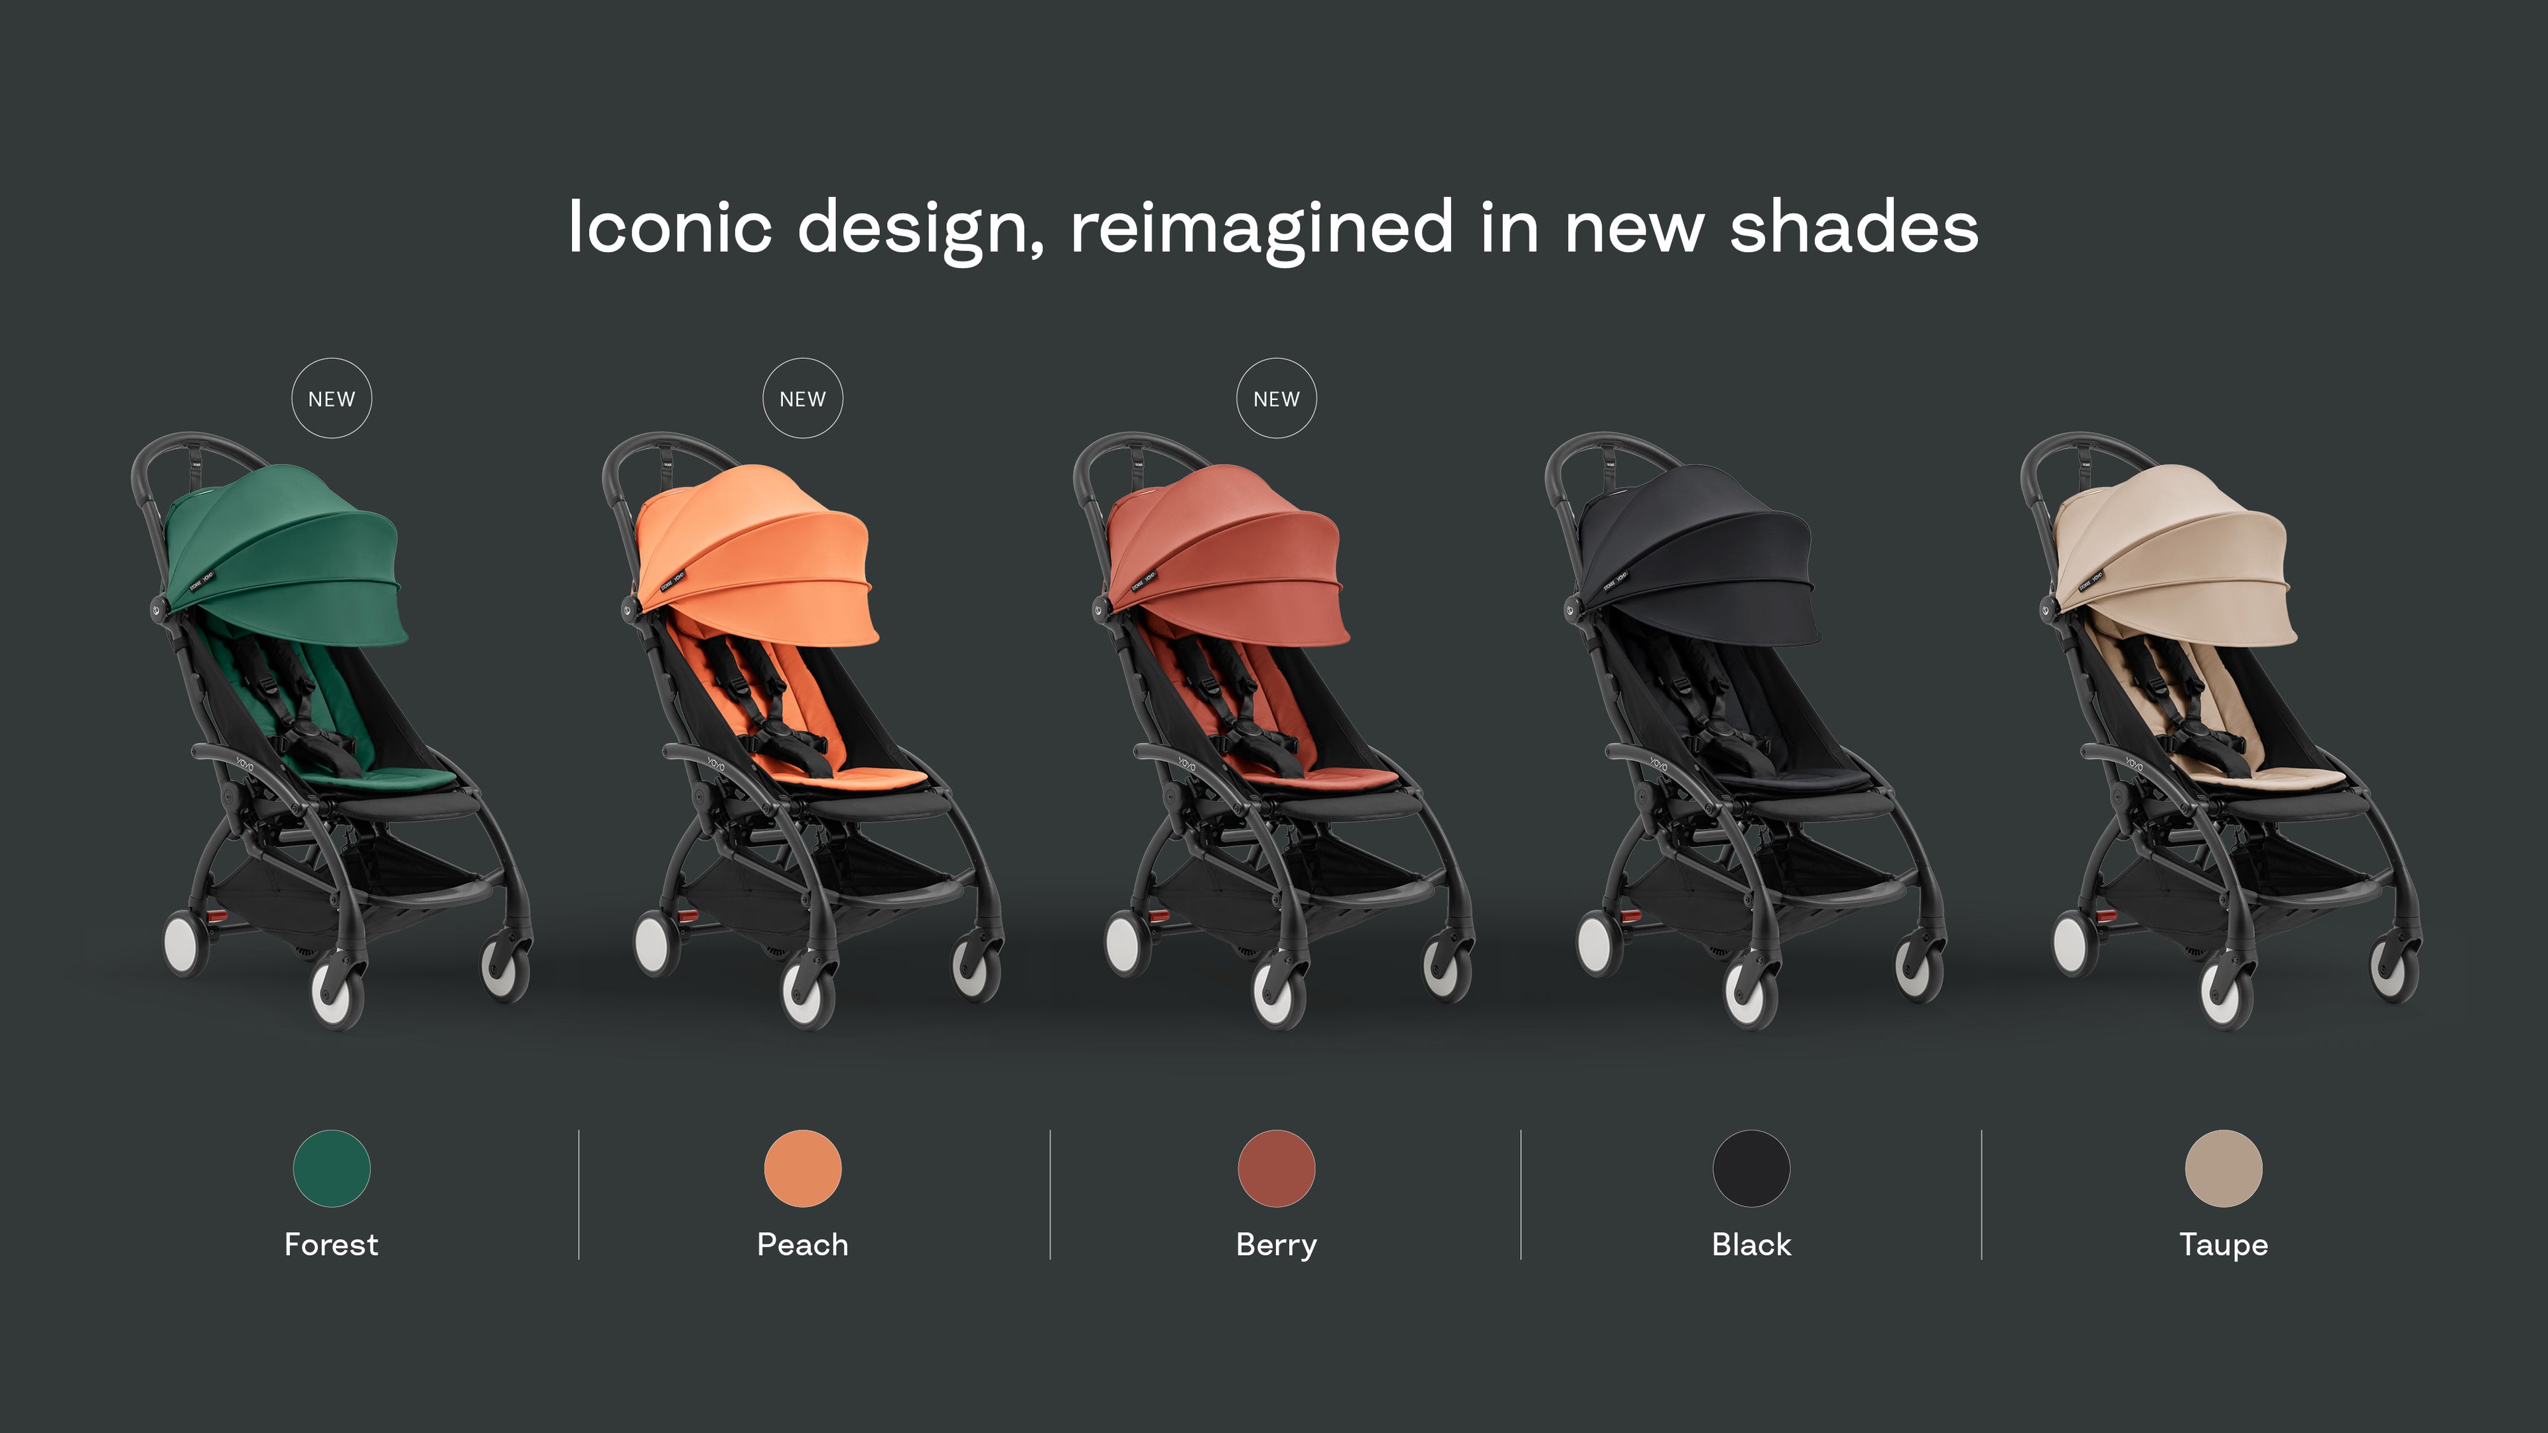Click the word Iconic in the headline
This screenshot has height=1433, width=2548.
point(670,228)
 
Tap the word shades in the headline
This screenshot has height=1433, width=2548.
point(1854,228)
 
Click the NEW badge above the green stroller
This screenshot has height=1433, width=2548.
point(331,399)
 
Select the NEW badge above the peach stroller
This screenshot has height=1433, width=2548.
point(802,399)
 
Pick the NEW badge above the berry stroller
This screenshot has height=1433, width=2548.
point(1276,399)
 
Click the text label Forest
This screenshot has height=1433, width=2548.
point(331,1244)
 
